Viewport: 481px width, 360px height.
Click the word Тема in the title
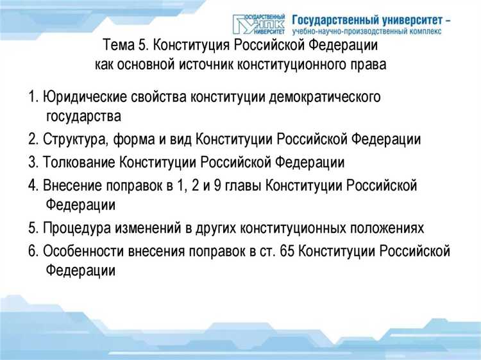[x=118, y=46]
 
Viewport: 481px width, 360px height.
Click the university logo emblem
[x=259, y=23]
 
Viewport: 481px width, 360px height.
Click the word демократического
[x=325, y=98]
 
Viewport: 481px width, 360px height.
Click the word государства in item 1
[x=83, y=117]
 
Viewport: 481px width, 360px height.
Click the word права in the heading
[x=372, y=65]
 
